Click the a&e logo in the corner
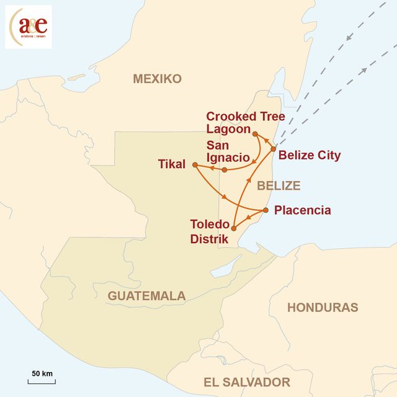click(29, 27)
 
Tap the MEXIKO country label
click(157, 79)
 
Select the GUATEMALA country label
click(146, 296)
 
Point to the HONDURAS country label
click(322, 307)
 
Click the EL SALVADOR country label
click(247, 382)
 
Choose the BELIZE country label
click(279, 185)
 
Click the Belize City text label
click(310, 155)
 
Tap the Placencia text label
click(302, 210)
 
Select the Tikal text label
click(172, 164)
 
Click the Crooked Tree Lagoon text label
click(237, 123)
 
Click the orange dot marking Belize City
click(274, 149)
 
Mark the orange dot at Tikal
click(195, 165)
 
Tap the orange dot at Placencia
click(265, 210)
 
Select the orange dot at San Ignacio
click(225, 169)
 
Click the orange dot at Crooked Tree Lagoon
click(255, 133)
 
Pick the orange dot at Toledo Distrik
click(233, 229)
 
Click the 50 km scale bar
click(42, 380)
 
